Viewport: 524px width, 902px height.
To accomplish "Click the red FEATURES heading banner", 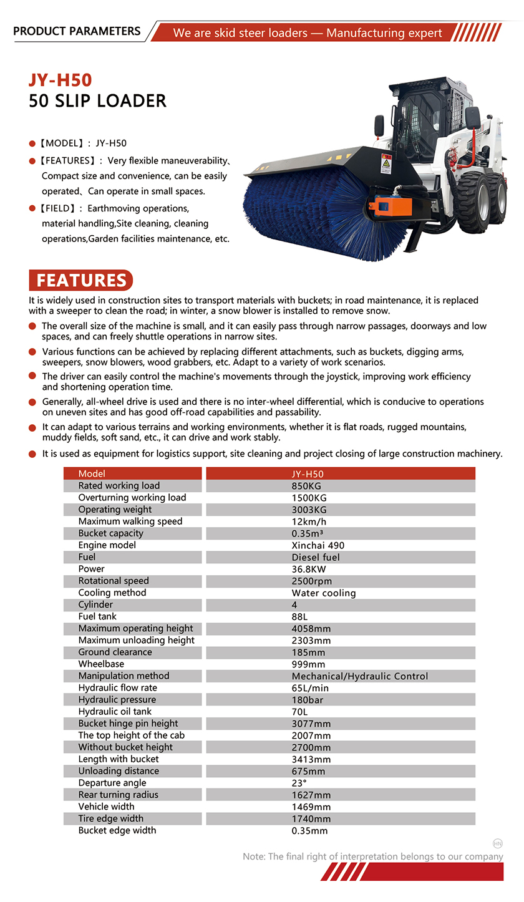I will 81,281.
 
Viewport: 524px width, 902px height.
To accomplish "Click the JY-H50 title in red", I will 60,80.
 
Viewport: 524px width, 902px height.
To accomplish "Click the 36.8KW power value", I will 309,569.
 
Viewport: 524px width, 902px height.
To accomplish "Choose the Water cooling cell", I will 323,593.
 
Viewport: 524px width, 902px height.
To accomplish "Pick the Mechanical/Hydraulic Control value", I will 359,676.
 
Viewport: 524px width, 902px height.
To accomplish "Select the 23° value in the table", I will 299,783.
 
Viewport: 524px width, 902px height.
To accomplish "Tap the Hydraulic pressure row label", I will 117,700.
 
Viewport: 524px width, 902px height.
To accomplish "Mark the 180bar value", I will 308,700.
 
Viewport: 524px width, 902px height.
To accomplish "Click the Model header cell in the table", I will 92,474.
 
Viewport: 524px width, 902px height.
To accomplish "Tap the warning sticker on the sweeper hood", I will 386,164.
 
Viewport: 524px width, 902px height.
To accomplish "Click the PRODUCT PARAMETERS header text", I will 77,31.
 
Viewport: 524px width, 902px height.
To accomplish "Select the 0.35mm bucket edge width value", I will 309,831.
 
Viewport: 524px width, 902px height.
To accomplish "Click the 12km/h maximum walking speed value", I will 309,521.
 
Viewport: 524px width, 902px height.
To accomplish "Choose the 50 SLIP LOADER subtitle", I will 97,100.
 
